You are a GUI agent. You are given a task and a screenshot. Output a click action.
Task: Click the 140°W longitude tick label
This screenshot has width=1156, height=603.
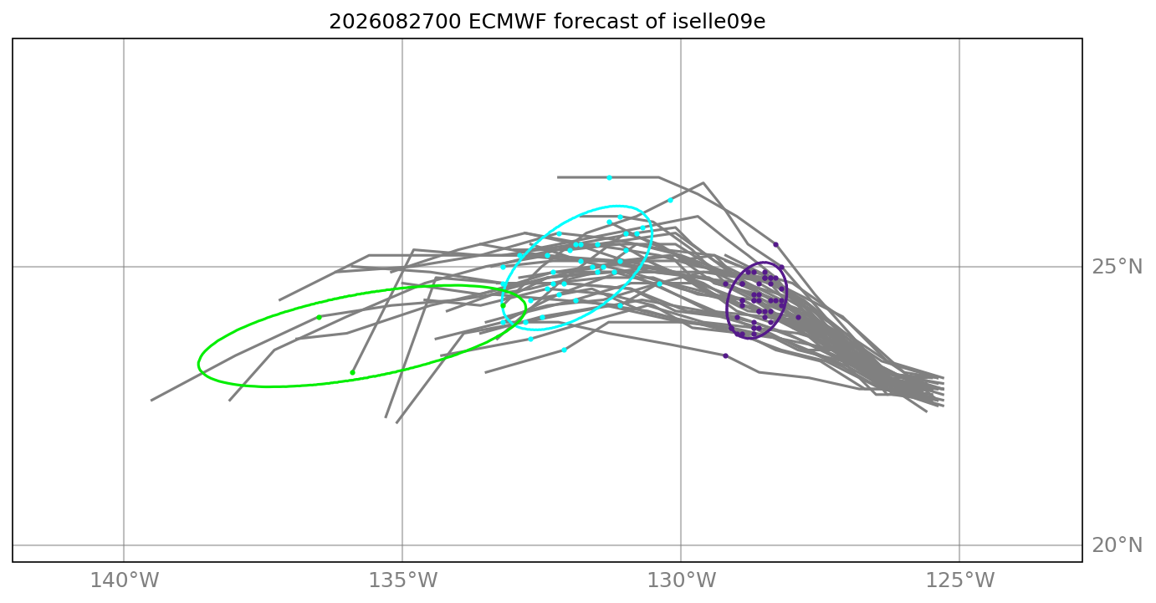(x=125, y=580)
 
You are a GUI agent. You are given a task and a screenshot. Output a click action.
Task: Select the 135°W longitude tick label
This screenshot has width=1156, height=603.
(x=403, y=580)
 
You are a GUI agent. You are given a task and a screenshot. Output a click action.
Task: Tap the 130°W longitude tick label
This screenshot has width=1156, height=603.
(x=681, y=580)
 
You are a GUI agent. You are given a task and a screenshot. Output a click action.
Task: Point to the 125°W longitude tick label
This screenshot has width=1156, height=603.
(x=960, y=580)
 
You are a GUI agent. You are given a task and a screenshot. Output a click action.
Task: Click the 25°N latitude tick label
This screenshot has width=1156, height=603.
(x=1117, y=267)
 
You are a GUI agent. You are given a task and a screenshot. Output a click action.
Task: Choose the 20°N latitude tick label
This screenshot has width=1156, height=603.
(x=1117, y=545)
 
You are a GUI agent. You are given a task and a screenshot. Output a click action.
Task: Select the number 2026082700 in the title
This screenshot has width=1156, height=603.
(x=395, y=22)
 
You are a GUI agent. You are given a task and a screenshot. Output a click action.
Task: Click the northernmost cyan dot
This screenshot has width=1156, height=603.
(x=610, y=178)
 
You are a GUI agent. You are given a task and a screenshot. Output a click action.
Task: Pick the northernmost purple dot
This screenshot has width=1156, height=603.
(x=775, y=244)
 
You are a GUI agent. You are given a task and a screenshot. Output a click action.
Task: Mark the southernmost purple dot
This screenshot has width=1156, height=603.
(x=725, y=356)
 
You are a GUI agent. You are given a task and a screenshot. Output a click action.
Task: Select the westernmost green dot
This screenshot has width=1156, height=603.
(x=319, y=317)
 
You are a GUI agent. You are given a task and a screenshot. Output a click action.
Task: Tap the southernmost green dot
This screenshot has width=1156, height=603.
(x=352, y=372)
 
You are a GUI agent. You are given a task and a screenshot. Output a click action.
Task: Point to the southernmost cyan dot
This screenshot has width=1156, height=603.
(x=564, y=350)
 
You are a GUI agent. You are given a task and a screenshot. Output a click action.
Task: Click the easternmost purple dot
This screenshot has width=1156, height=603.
(x=798, y=317)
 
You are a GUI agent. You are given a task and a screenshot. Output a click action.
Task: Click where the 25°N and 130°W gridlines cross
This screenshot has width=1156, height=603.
(x=681, y=267)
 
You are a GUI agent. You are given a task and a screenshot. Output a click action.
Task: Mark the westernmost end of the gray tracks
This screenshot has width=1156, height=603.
(x=151, y=401)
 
